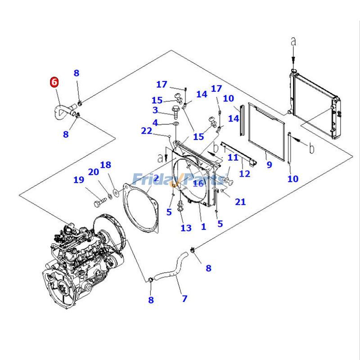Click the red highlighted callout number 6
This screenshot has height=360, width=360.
54,82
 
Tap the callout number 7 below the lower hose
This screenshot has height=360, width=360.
184,298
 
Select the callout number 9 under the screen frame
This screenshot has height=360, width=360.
269,165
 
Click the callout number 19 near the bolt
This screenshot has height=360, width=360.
79,180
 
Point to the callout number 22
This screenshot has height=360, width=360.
147,130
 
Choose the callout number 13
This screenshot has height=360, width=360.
186,228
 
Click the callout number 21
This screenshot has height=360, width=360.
240,202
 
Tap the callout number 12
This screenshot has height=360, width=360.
244,173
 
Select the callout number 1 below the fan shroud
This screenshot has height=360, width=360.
203,227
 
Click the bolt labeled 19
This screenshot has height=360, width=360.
99,203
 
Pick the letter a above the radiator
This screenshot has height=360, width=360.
293,41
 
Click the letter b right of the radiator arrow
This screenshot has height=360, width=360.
311,148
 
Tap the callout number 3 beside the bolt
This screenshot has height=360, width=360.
155,110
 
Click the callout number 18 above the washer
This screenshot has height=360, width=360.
105,165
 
